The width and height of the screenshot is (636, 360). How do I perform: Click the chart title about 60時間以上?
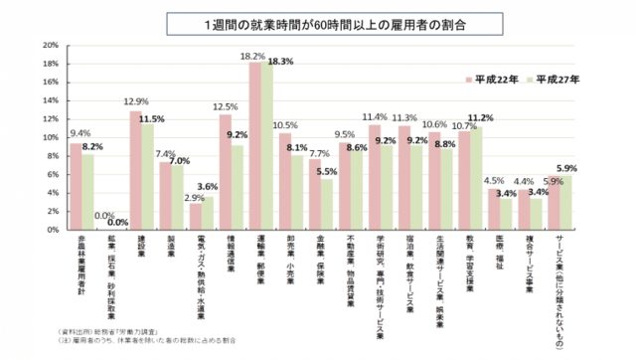point(318,21)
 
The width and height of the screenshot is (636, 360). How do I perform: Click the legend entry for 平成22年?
point(493,78)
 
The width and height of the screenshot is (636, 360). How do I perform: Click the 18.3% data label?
point(279,62)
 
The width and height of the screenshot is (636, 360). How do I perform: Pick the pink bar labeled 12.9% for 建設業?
point(135,170)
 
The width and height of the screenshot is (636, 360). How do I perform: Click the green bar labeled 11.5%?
point(148,177)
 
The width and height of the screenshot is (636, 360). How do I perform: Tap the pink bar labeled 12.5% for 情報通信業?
point(226,172)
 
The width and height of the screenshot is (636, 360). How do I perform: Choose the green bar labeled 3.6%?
point(208,213)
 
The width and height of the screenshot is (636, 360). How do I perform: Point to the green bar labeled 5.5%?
point(327,204)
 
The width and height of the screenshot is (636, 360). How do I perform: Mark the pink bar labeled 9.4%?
point(75,186)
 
